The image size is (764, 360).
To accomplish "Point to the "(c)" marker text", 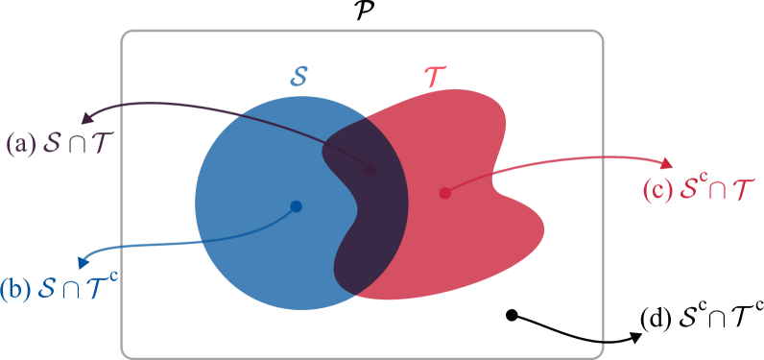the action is click(657, 190).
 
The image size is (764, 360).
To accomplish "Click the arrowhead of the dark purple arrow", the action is click(84, 119).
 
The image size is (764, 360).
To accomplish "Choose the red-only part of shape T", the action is click(461, 211).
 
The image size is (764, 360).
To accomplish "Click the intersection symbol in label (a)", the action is click(72, 145).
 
